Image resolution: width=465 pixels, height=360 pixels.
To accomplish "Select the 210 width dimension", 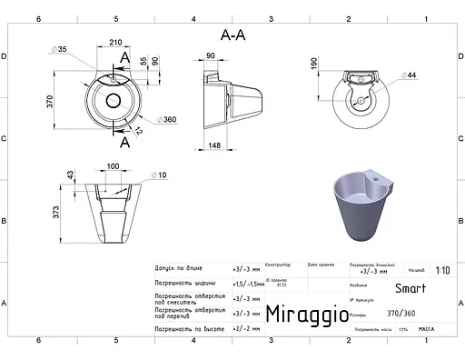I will click(x=116, y=44).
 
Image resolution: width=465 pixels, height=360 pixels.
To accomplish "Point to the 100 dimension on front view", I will click(x=114, y=166).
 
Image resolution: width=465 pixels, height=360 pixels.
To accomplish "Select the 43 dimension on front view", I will click(x=70, y=175).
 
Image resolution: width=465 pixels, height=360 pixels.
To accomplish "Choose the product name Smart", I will click(x=410, y=289).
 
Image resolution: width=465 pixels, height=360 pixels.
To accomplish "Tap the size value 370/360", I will click(x=410, y=311).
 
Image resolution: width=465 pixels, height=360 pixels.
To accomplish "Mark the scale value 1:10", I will click(x=441, y=270).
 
